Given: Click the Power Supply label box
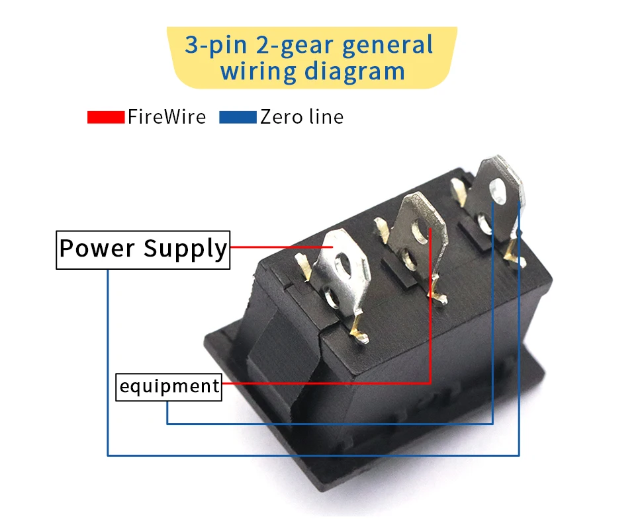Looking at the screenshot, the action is [x=143, y=250].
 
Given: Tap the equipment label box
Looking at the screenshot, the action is [x=169, y=386].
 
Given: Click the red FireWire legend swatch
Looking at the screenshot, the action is [x=105, y=118].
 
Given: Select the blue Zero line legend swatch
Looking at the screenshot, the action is [x=237, y=118].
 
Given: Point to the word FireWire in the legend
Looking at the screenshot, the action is [x=166, y=117].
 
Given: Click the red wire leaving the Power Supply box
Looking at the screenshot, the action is [x=278, y=247].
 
